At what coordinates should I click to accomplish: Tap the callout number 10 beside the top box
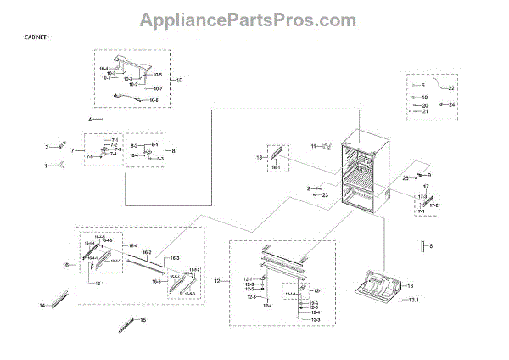(x=178, y=80)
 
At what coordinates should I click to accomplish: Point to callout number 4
(x=89, y=120)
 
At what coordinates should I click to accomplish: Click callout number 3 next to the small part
(x=48, y=147)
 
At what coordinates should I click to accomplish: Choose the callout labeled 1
(x=47, y=166)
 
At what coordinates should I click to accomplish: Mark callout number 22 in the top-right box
(x=451, y=88)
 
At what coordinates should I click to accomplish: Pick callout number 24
(x=452, y=104)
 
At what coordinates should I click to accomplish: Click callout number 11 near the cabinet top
(x=312, y=147)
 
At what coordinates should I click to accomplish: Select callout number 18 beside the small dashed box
(x=260, y=157)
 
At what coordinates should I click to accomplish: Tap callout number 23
(x=325, y=195)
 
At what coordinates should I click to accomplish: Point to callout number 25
(x=405, y=178)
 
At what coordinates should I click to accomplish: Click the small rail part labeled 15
(x=127, y=323)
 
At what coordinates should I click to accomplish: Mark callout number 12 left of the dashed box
(x=217, y=280)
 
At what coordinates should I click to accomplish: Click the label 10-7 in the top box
(x=158, y=88)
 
